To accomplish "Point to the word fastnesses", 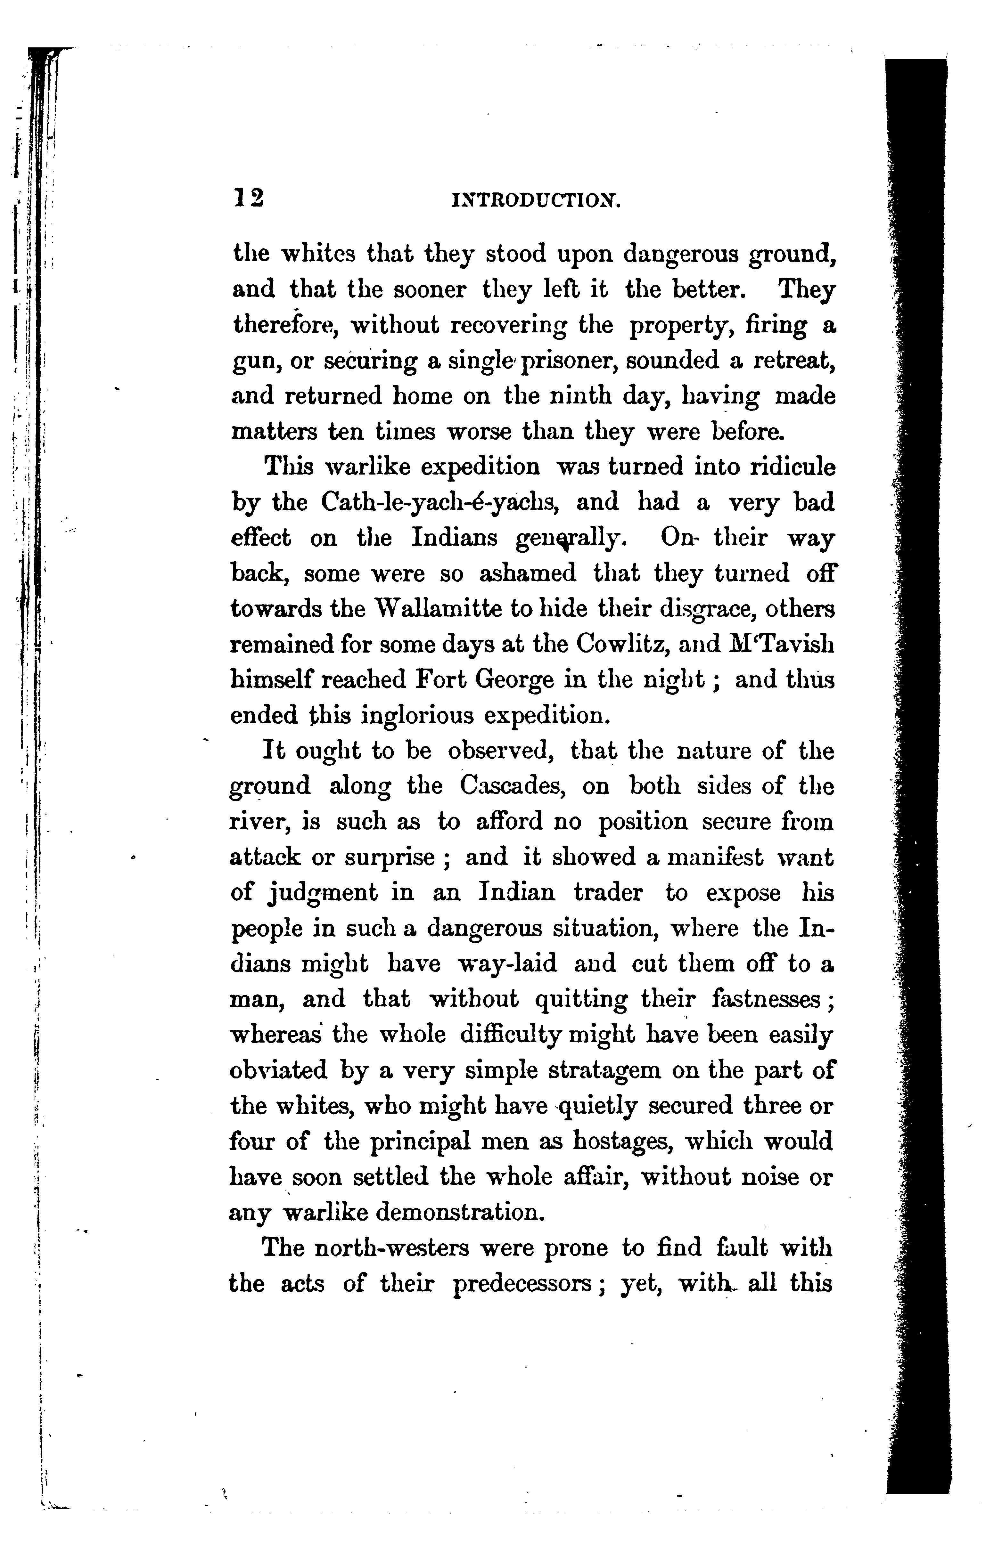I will click(771, 999).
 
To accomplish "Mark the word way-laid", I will click(506, 964).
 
